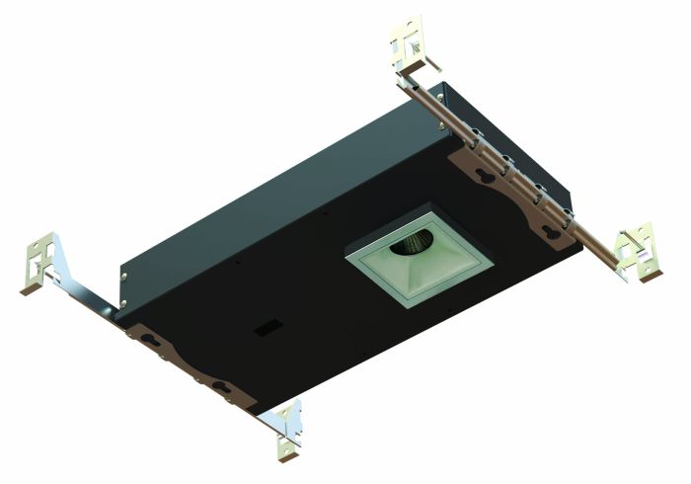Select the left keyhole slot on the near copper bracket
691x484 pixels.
(151, 339)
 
